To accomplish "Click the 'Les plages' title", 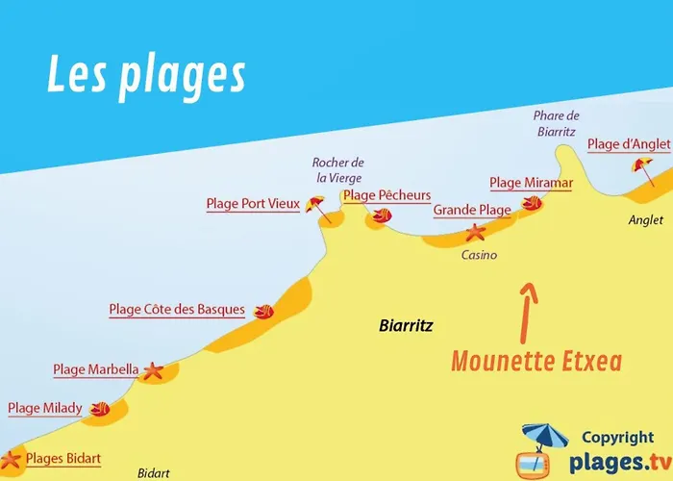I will (145, 76).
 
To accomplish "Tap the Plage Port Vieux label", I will (253, 204).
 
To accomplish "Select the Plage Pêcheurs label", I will (386, 196).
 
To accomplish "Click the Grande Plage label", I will (471, 210).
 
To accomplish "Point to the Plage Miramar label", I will (531, 183).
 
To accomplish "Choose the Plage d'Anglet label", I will (629, 144).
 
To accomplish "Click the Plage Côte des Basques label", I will (177, 310).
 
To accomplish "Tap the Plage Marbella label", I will (96, 369).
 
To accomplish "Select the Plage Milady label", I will (45, 408).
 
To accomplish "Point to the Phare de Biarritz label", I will (557, 123).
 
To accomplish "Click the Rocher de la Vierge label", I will (338, 169).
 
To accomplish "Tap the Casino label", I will (479, 255).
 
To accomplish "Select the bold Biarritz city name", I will (406, 326).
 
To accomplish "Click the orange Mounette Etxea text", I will (536, 362).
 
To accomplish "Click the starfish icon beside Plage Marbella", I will (153, 370).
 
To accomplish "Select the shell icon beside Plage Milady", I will (99, 410).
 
